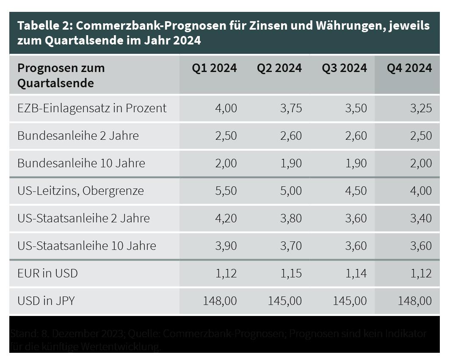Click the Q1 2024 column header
pyautogui.click(x=214, y=68)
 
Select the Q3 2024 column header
pyautogui.click(x=344, y=68)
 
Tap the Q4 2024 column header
pyautogui.click(x=409, y=68)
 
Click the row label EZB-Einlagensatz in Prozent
pyautogui.click(x=92, y=108)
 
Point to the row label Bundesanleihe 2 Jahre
pyautogui.click(x=78, y=136)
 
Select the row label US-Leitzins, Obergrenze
pyautogui.click(x=80, y=191)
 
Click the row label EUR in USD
pyautogui.click(x=47, y=273)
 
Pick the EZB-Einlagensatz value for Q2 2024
pyautogui.click(x=291, y=108)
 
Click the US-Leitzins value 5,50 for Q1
pyautogui.click(x=226, y=191)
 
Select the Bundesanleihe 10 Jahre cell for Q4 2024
pyautogui.click(x=420, y=163)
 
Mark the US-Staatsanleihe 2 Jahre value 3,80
pyautogui.click(x=291, y=218)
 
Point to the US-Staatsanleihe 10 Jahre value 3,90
pyautogui.click(x=226, y=246)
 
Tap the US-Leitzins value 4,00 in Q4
pyautogui.click(x=420, y=191)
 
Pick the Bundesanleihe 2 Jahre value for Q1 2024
pyautogui.click(x=226, y=136)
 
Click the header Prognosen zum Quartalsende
pyautogui.click(x=61, y=75)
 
